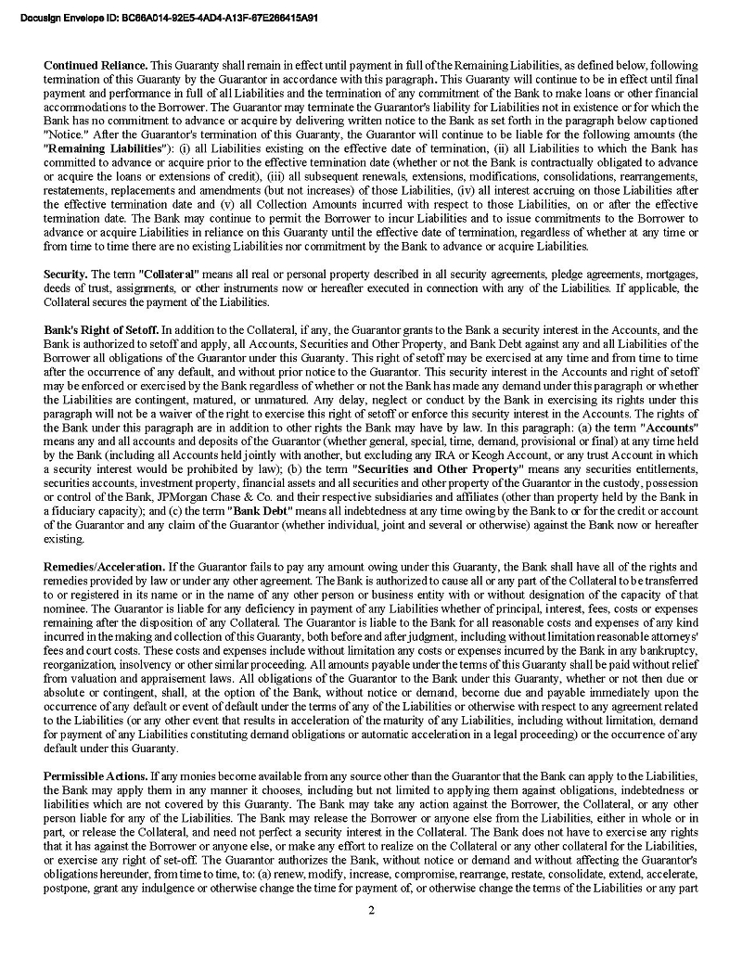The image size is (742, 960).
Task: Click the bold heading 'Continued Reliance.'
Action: [x=96, y=66]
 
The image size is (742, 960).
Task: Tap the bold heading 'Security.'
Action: [x=65, y=275]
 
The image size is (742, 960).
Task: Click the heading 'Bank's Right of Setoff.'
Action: [x=101, y=330]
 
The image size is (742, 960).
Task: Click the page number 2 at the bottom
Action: [x=371, y=910]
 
